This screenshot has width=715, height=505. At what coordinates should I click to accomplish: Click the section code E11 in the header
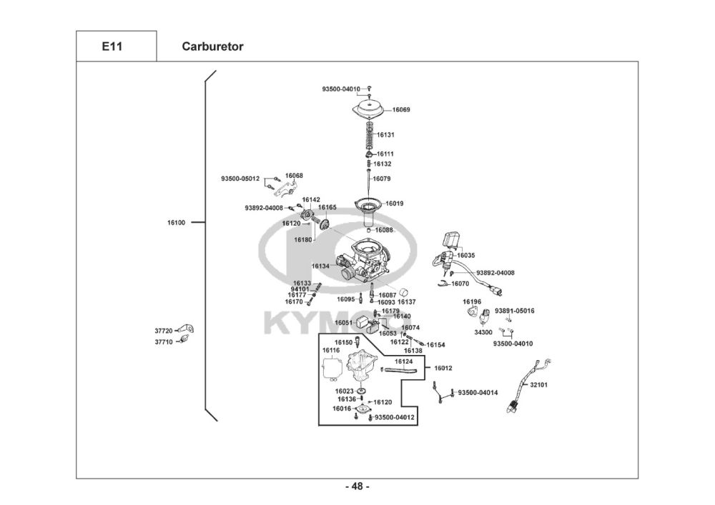click(x=112, y=46)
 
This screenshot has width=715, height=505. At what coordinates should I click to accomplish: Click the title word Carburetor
click(x=212, y=46)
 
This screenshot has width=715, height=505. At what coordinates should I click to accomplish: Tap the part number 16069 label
click(x=401, y=110)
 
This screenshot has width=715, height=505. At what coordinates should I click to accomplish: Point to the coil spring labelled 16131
click(x=370, y=135)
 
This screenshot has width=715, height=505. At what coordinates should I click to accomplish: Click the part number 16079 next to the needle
click(x=382, y=179)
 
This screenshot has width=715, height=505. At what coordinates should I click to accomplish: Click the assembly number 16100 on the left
click(x=177, y=223)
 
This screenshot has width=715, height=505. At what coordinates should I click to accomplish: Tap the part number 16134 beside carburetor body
click(x=320, y=266)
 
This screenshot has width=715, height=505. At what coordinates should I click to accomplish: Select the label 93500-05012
click(x=240, y=179)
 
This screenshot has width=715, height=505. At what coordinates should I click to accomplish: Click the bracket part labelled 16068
click(x=287, y=186)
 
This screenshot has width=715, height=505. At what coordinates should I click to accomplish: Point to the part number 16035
click(x=466, y=256)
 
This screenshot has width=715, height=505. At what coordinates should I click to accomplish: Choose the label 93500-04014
click(x=478, y=393)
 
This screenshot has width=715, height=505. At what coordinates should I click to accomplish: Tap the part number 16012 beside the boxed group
click(x=443, y=368)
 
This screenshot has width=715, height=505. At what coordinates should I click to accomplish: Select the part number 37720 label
click(x=164, y=331)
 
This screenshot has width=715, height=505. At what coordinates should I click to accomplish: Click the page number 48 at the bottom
click(x=357, y=486)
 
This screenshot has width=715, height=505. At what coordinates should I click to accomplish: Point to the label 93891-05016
click(x=515, y=311)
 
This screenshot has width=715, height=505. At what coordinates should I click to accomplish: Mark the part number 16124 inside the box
click(x=403, y=361)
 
